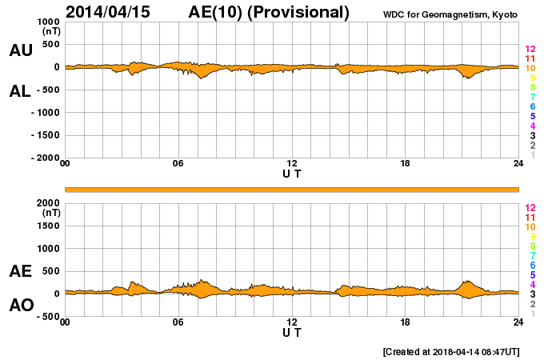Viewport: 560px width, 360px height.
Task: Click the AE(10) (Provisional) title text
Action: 269,12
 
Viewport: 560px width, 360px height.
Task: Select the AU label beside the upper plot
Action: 20,50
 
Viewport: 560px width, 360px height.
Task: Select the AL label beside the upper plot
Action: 20,91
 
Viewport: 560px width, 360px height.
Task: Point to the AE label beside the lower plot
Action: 20,271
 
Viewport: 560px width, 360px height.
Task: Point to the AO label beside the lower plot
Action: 20,306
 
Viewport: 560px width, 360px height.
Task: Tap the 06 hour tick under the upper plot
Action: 178,164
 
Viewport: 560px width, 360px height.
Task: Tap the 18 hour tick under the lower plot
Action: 406,322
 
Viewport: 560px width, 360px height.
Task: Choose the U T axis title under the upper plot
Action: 292,174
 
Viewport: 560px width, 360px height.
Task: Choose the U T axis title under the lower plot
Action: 292,332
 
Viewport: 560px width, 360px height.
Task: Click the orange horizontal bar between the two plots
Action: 292,189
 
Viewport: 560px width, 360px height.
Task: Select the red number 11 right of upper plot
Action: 530,58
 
